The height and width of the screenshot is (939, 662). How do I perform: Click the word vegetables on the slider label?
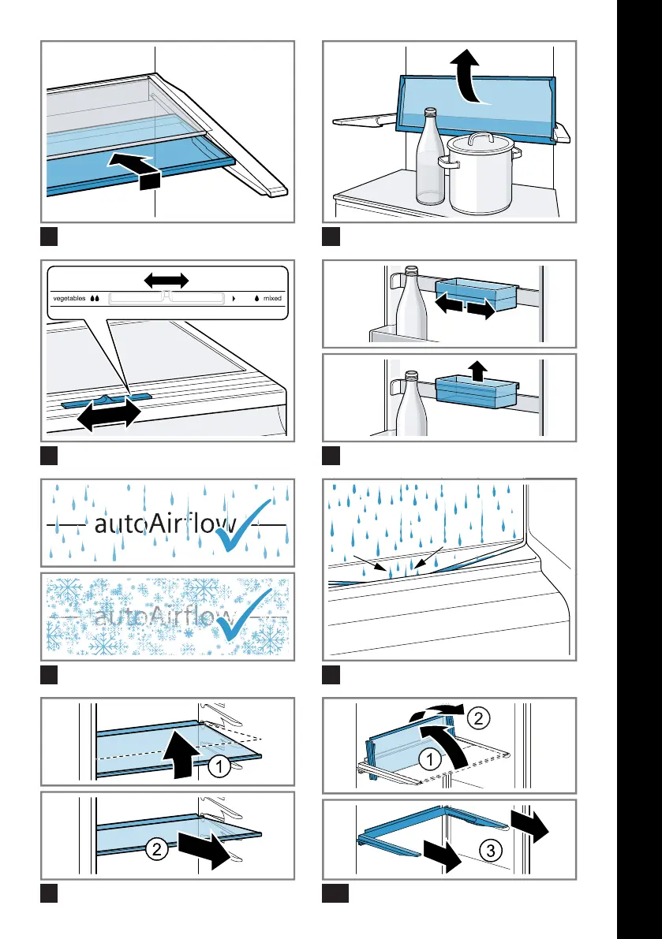[x=69, y=299]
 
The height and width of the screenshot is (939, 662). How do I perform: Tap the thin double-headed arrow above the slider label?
[x=166, y=280]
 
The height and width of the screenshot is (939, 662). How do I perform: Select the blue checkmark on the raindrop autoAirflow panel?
[x=248, y=524]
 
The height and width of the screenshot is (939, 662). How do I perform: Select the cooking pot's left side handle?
[x=445, y=166]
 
